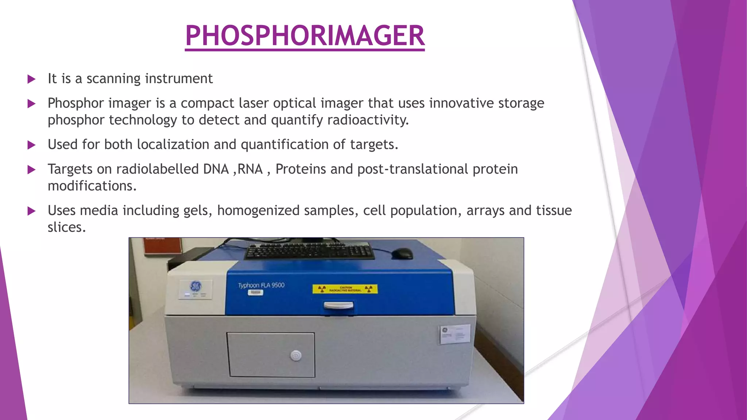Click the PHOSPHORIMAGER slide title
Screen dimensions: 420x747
(305, 36)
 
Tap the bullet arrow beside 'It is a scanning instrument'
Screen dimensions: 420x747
(32, 79)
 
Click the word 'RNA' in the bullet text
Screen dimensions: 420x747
(250, 169)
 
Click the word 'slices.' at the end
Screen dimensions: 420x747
(67, 227)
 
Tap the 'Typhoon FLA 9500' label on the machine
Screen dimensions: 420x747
(261, 285)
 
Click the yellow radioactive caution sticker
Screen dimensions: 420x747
(345, 289)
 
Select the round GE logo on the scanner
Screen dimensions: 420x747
(196, 285)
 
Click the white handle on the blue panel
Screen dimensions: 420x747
(339, 306)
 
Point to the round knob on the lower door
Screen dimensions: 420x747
(296, 355)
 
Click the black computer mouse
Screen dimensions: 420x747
(402, 253)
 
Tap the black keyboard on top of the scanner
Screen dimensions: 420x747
(309, 250)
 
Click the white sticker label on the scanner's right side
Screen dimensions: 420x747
(454, 334)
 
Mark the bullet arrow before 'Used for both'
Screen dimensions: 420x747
(32, 145)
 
